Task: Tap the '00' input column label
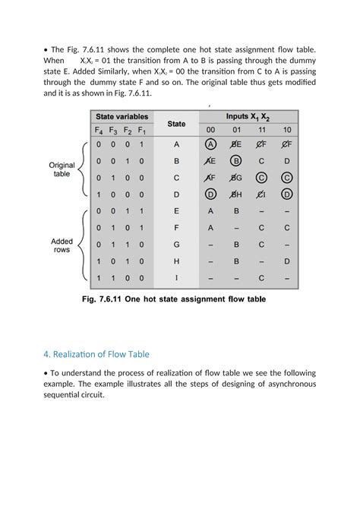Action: tap(210, 130)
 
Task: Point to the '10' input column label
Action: tap(286, 130)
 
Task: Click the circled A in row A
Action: tap(210, 144)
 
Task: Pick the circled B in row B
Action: tap(235, 161)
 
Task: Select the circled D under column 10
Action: tap(286, 194)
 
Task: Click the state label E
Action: tap(176, 211)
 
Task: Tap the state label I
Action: tap(176, 277)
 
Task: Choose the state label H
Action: tap(176, 261)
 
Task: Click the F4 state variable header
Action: tap(98, 130)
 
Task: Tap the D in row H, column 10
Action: tap(286, 261)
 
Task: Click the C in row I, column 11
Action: tap(261, 277)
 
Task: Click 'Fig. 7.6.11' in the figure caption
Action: tap(106, 299)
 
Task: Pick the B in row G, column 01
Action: tap(235, 245)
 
